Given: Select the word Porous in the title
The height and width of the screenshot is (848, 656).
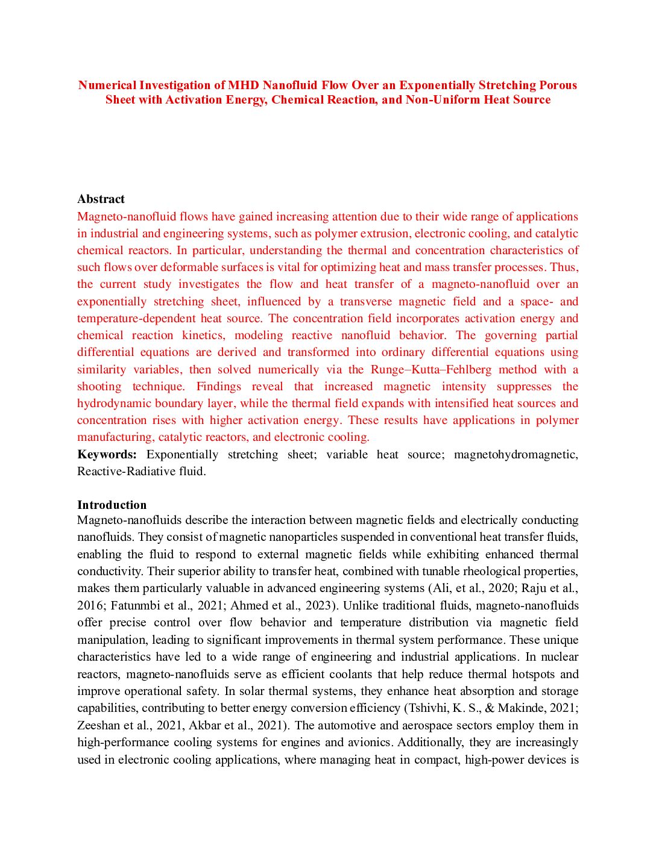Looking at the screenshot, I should tap(558, 85).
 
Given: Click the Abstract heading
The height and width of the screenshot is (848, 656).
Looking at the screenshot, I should tap(101, 199).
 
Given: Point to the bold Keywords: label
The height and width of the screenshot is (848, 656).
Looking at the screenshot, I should tap(107, 455).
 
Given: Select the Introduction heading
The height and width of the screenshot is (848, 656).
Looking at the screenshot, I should tap(112, 505).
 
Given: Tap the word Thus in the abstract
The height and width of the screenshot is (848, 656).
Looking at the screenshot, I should tap(563, 267).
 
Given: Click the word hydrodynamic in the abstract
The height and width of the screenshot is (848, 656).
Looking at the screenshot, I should tap(113, 404).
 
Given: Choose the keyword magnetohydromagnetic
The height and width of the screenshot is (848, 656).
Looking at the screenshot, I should tap(516, 455).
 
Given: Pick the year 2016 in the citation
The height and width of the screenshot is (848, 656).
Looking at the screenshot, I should tap(90, 606).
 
